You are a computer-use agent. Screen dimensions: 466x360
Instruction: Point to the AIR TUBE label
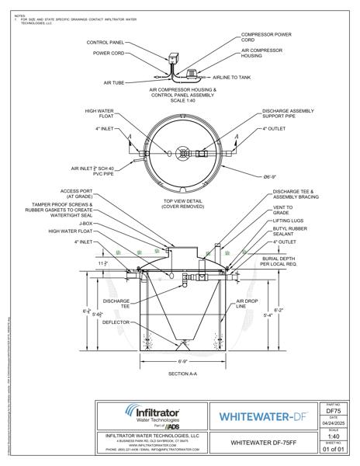tap(115, 82)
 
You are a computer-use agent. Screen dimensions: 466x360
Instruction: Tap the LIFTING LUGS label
tap(288, 221)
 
